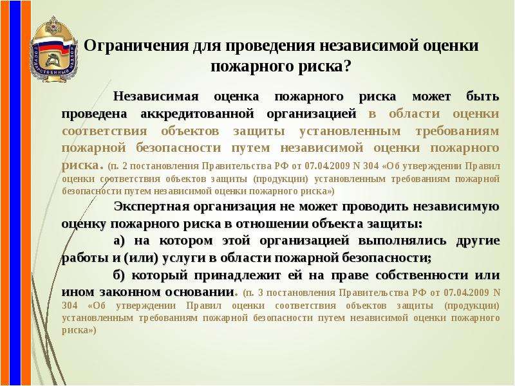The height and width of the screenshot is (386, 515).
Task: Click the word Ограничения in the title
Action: click(x=136, y=46)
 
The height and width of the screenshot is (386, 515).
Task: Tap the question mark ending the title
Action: click(x=347, y=67)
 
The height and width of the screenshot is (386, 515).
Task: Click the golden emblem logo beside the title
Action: click(x=54, y=49)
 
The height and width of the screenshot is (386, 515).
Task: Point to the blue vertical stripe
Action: click(x=15, y=193)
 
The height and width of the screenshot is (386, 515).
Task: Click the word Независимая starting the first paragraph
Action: click(x=156, y=96)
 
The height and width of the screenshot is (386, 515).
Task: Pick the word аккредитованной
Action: click(x=197, y=114)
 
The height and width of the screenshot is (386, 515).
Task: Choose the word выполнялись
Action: click(x=402, y=241)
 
